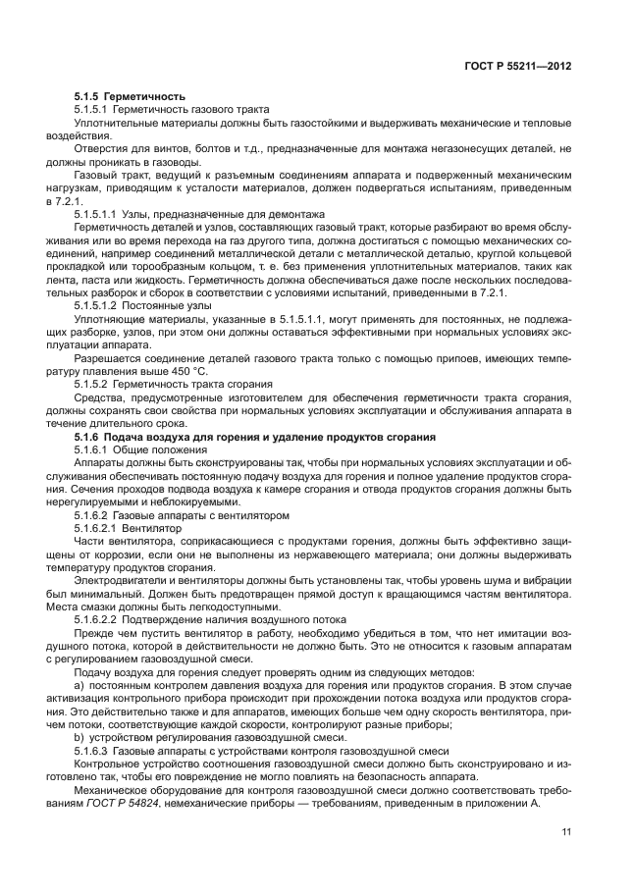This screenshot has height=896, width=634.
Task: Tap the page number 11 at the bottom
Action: [566, 834]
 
